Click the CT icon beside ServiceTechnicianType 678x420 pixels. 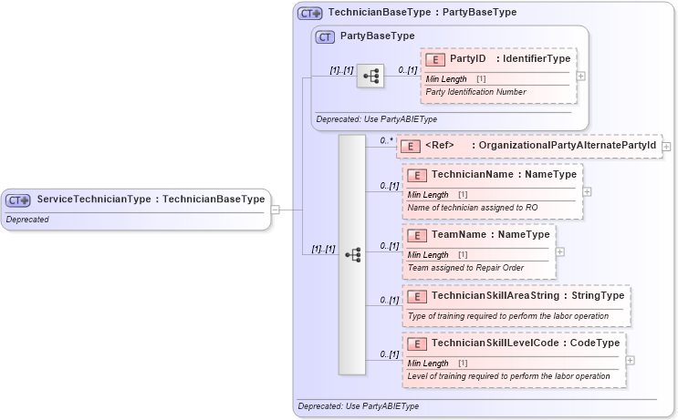(17, 200)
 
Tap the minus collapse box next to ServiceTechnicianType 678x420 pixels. (276, 210)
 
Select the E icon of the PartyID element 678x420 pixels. (435, 59)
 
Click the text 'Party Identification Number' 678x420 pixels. (475, 92)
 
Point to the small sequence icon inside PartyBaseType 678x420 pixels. (370, 77)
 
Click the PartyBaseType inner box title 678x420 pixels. (377, 36)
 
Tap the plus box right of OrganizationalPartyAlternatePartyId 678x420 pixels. (667, 146)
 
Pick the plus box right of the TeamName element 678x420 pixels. (560, 251)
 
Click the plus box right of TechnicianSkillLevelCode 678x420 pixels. (631, 360)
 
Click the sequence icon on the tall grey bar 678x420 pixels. (352, 254)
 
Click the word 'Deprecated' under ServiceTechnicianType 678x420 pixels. (27, 220)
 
